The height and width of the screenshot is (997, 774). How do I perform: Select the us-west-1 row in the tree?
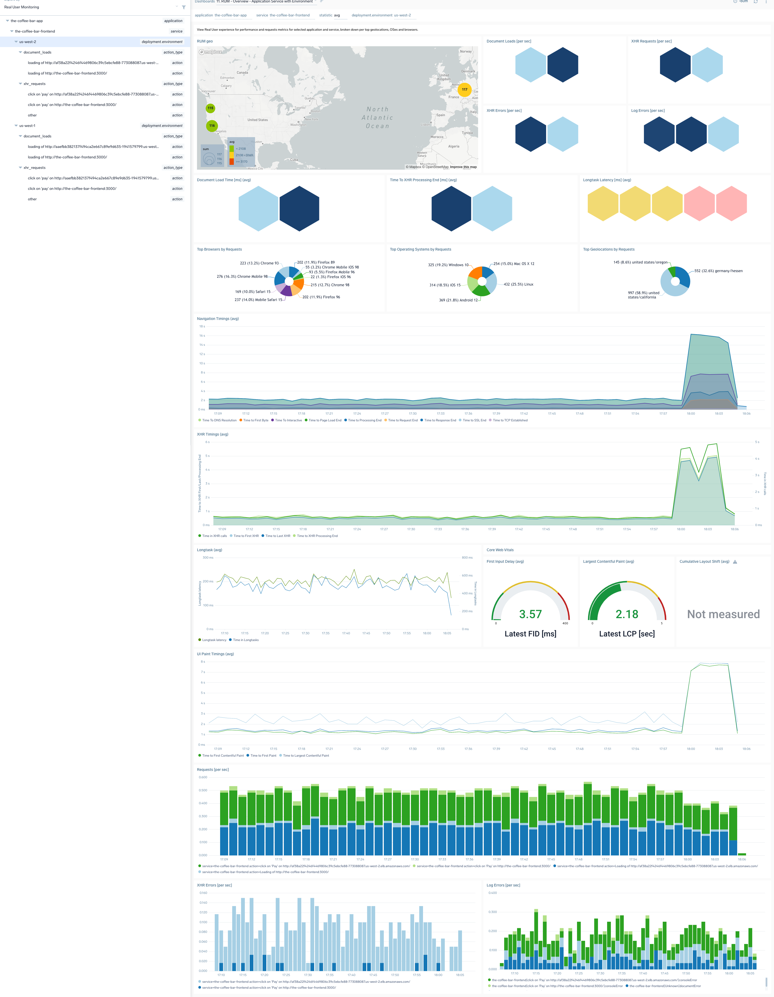coord(27,126)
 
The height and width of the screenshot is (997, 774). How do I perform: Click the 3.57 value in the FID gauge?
coord(530,614)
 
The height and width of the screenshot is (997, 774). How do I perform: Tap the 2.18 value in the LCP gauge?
coord(627,614)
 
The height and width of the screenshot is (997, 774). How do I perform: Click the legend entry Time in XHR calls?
coord(214,536)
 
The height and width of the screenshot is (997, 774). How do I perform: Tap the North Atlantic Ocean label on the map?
coord(377,117)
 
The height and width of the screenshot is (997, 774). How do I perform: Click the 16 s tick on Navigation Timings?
coord(202,336)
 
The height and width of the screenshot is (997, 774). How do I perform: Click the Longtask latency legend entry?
coord(214,640)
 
